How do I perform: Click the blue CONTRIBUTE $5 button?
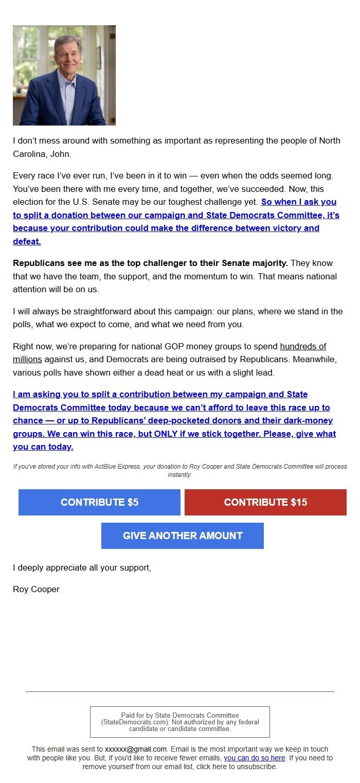pos(99,502)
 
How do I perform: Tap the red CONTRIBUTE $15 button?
pos(265,502)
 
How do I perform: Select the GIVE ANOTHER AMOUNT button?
pos(183,536)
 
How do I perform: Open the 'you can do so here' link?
pos(254,758)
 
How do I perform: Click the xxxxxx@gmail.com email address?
pos(136,749)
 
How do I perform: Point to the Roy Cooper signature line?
pos(36,589)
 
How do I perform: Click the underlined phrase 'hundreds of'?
pos(303,346)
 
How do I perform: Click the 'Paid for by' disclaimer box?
pos(180,722)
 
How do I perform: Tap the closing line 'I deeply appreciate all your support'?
pos(82,568)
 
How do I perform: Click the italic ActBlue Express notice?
pos(180,470)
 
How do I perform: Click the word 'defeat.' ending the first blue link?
pos(27,241)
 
